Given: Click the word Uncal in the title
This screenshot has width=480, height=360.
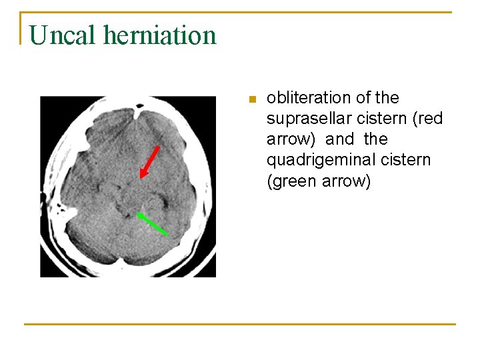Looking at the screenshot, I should pyautogui.click(x=62, y=35).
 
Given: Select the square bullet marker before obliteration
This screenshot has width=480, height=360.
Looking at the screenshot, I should pyautogui.click(x=251, y=100).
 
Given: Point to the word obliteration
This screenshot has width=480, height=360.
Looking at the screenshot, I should pyautogui.click(x=309, y=98).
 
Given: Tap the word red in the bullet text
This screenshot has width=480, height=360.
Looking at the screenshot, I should pyautogui.click(x=430, y=119).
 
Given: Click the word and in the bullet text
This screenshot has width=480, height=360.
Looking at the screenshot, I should pyautogui.click(x=340, y=139).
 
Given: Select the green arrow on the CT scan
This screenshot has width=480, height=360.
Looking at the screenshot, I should pyautogui.click(x=152, y=223).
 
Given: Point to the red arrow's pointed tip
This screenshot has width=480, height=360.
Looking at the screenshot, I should pyautogui.click(x=141, y=178).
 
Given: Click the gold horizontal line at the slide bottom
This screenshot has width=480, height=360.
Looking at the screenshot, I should pyautogui.click(x=240, y=324).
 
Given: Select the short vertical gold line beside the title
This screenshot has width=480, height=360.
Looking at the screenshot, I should pyautogui.click(x=21, y=28).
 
